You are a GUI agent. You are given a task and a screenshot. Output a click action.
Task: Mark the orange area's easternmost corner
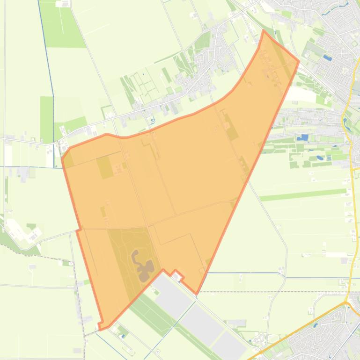coord(299,61)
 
